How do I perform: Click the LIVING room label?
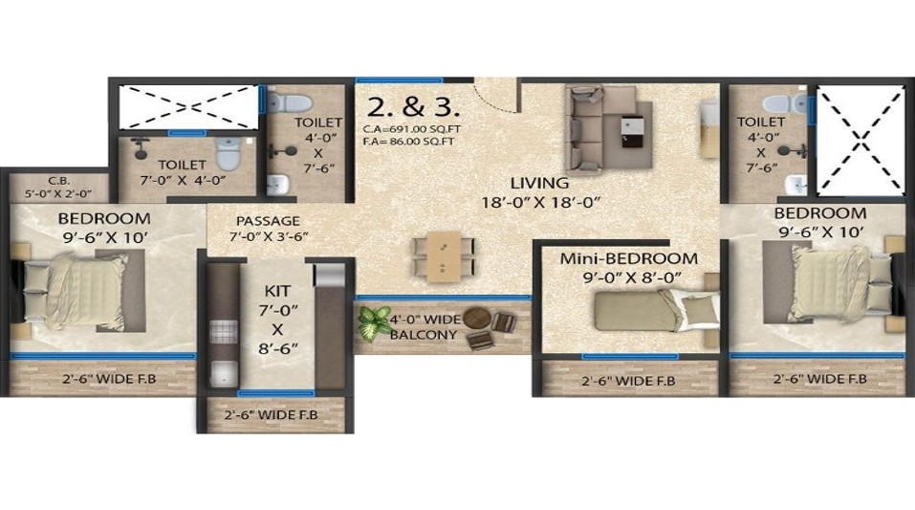[539, 183]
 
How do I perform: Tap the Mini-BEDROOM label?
[628, 258]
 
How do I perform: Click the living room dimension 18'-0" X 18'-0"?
[540, 202]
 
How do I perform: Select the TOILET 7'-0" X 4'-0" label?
[183, 171]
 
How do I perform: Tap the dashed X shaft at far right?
[860, 142]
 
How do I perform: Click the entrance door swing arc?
[496, 96]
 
